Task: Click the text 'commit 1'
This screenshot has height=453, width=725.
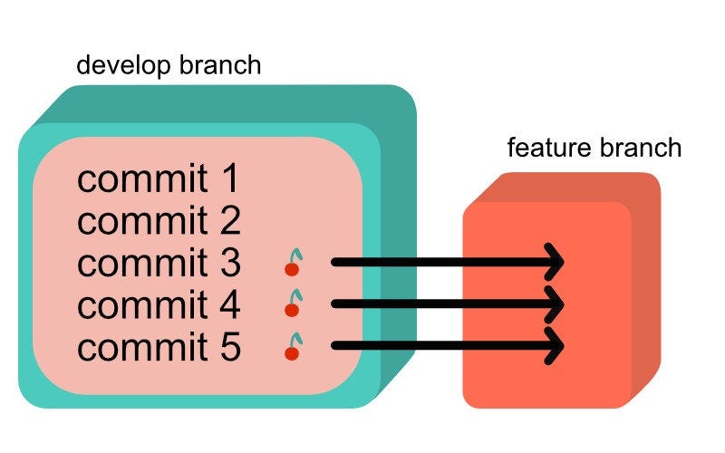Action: coord(159,179)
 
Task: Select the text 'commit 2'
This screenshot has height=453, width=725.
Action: coord(159,221)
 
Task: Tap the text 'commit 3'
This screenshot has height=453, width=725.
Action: coord(159,264)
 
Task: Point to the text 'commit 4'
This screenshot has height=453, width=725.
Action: coord(159,305)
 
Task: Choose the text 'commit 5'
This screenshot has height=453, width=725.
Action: coord(159,347)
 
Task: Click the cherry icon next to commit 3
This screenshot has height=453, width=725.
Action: coord(292,264)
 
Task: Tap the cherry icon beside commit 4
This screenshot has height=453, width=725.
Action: coord(292,305)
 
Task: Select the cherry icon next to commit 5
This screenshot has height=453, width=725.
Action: coord(292,346)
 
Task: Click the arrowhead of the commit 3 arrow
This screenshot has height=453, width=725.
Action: coord(555,263)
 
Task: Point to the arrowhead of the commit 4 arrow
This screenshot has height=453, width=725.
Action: coord(555,304)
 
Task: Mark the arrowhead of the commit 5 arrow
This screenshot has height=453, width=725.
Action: coord(555,346)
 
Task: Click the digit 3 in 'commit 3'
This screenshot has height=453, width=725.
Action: coord(228,264)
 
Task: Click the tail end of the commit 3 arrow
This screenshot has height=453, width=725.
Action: coord(337,263)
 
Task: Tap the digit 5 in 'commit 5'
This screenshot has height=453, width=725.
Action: coord(228,347)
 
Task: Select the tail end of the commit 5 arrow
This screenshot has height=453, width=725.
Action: coord(337,346)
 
